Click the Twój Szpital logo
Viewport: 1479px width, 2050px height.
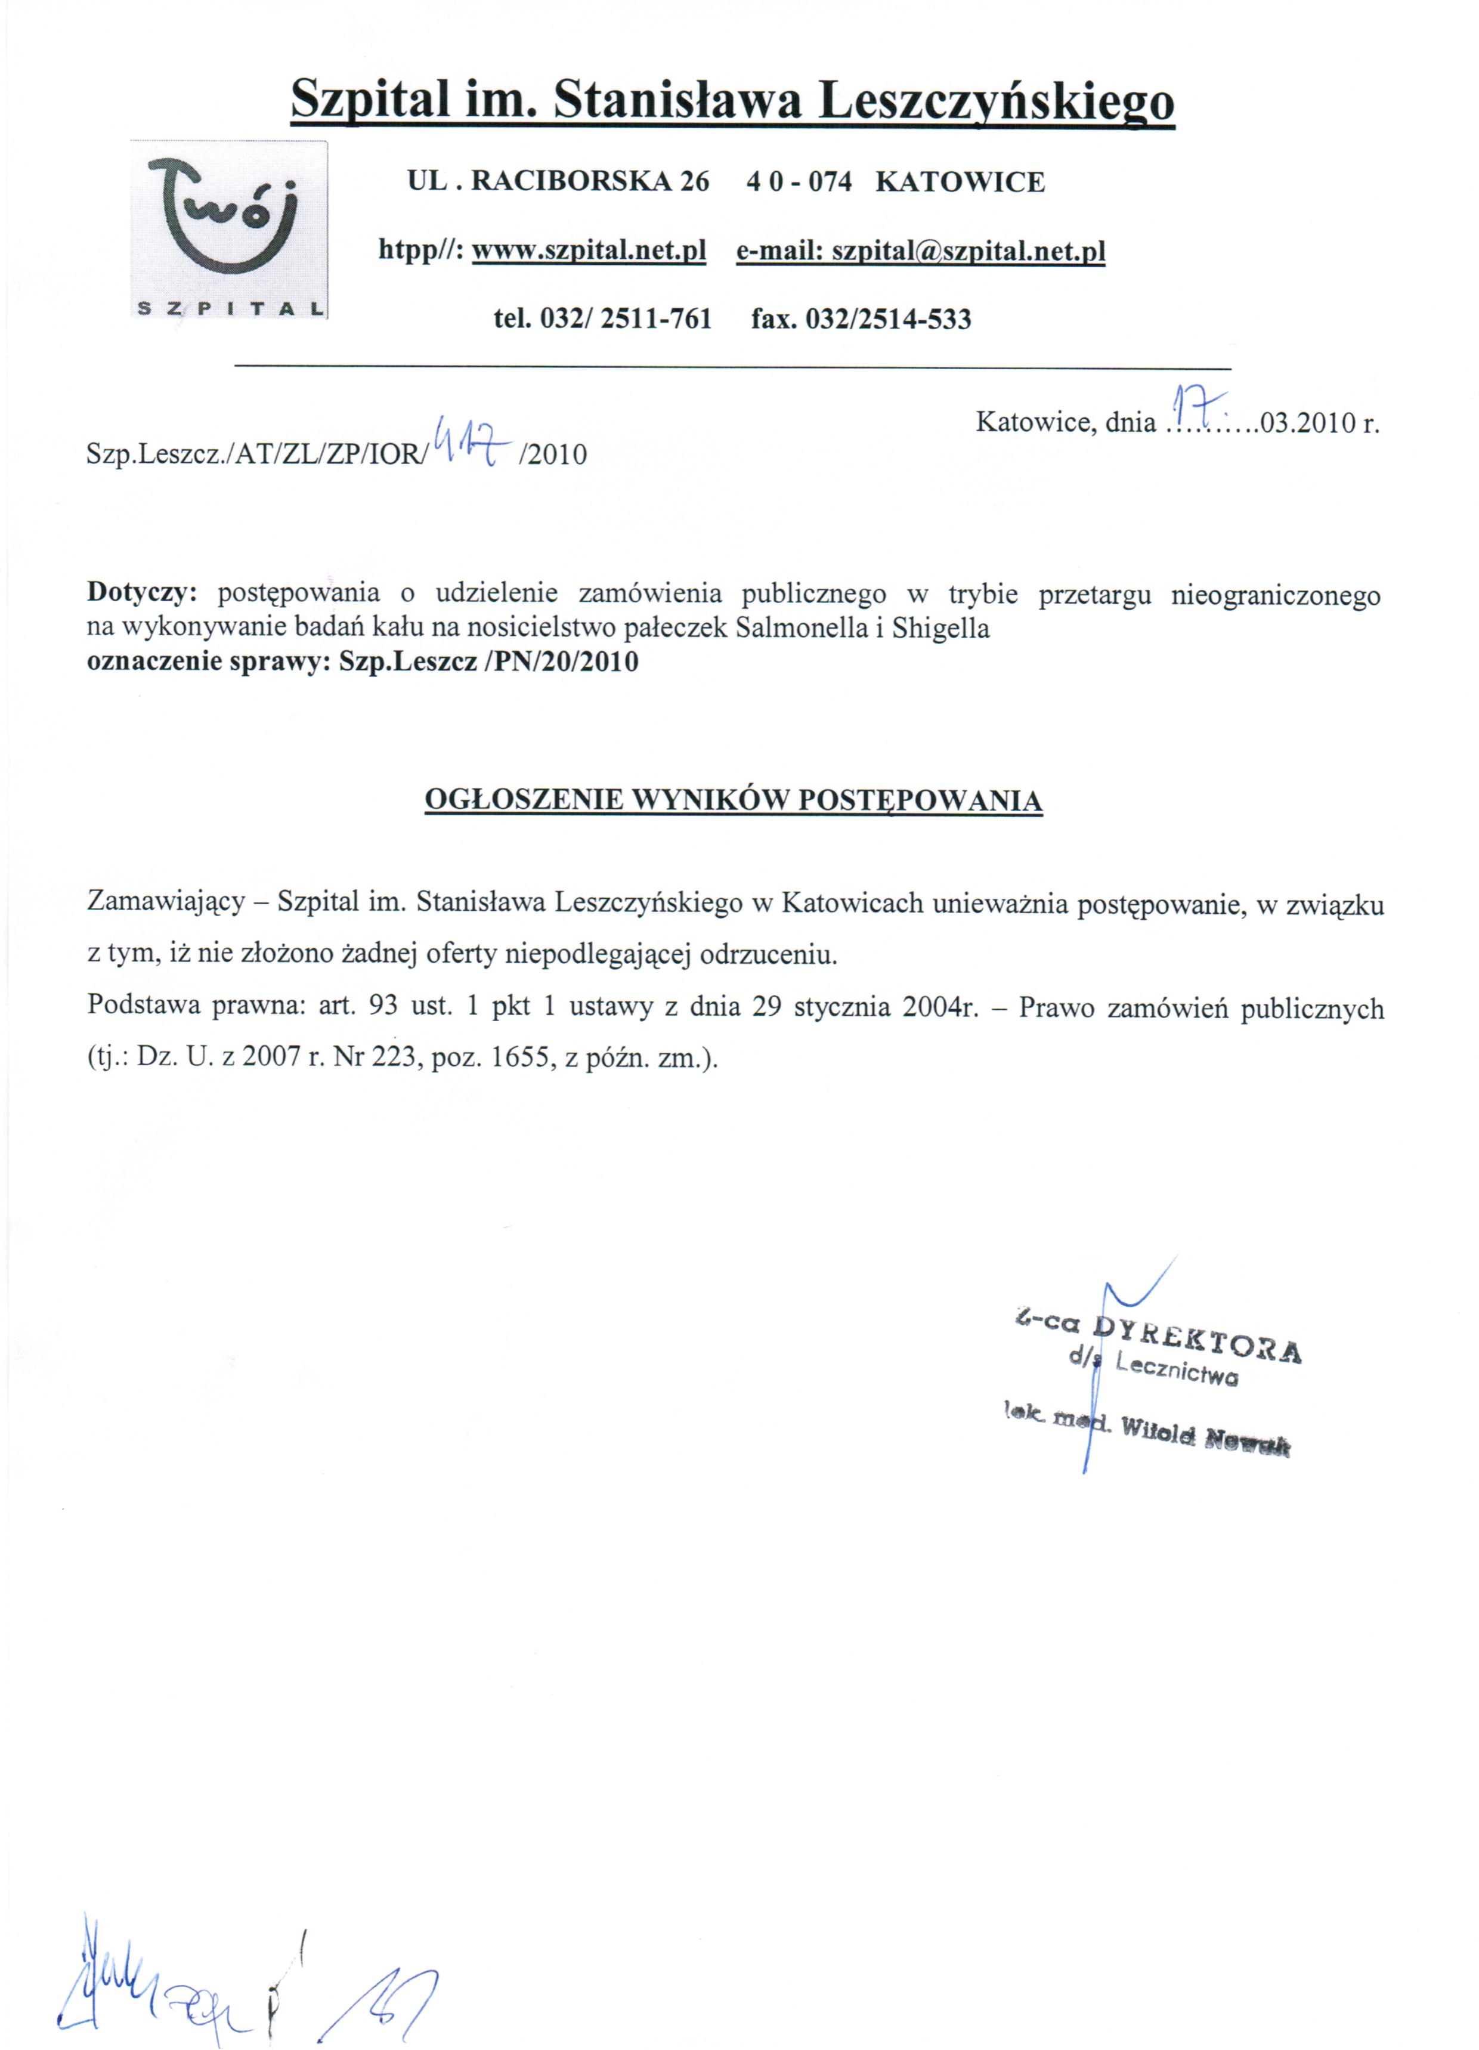(x=229, y=230)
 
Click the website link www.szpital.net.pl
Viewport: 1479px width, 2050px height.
(x=589, y=251)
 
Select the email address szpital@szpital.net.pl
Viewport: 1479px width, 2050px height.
(x=969, y=251)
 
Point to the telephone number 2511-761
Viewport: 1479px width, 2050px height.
(x=655, y=318)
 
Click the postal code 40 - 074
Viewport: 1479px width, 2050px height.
(x=799, y=182)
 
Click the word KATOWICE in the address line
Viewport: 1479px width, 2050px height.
(x=960, y=182)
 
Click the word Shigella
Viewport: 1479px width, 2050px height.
(x=940, y=628)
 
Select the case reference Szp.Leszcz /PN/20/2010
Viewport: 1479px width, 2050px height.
(x=488, y=661)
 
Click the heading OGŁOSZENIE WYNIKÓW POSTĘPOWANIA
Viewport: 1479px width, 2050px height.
(x=733, y=800)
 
